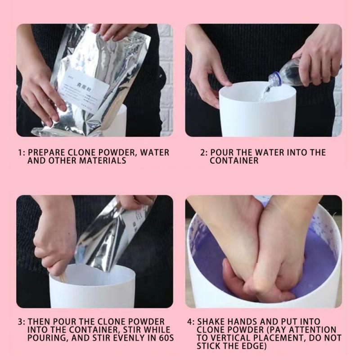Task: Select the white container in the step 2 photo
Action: tap(256, 112)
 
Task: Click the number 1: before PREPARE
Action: tap(22, 153)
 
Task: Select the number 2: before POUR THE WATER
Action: tap(204, 153)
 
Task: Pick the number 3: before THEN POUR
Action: tap(22, 322)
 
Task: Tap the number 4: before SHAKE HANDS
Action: tap(190, 322)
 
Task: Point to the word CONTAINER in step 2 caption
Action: tap(234, 161)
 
